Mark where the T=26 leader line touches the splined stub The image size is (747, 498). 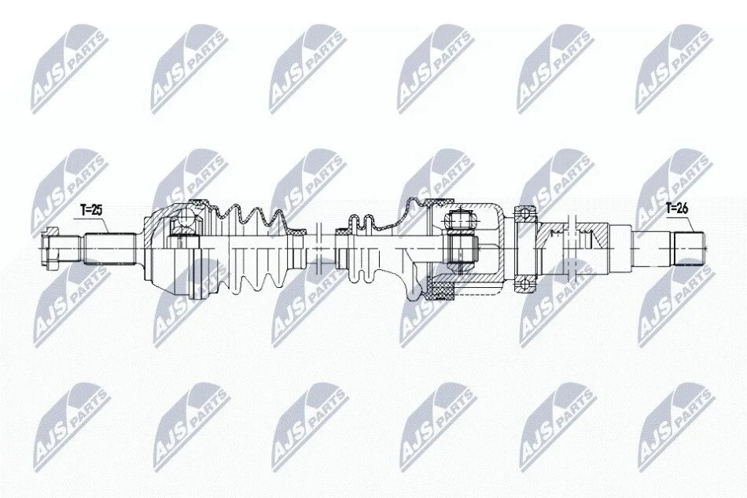tap(692, 233)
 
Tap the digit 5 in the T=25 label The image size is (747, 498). tap(98, 210)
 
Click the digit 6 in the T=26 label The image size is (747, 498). tap(685, 208)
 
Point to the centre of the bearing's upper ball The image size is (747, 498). tap(525, 211)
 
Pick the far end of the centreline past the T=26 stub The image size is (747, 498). tap(708, 248)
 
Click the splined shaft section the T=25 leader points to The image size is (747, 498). tap(109, 249)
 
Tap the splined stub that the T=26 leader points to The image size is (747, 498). tap(688, 248)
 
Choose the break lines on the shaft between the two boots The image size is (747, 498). tap(319, 246)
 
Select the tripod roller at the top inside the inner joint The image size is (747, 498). tap(460, 219)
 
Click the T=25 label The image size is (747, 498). tap(91, 210)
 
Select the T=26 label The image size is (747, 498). tap(677, 208)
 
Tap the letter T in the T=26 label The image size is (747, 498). tap(669, 208)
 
